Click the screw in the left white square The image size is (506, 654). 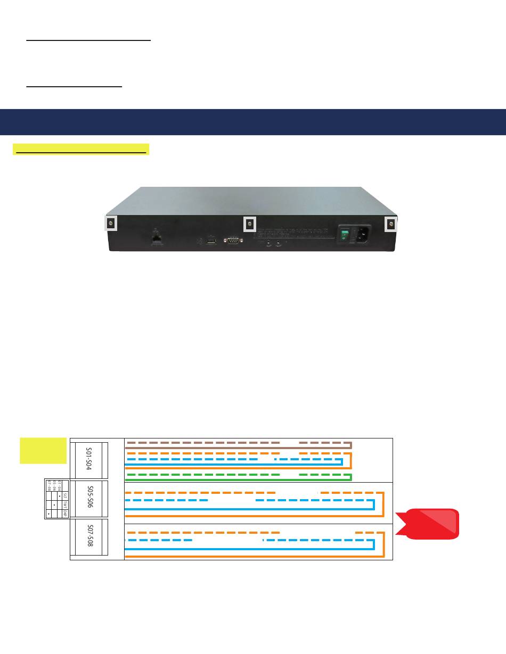tap(110, 224)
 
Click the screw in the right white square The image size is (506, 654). tap(391, 224)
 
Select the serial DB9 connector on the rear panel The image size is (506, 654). tap(233, 241)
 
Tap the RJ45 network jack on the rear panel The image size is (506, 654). tap(157, 239)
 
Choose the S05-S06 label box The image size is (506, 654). tap(89, 500)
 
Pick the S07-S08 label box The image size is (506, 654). tap(89, 539)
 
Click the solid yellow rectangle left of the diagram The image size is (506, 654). tap(43, 450)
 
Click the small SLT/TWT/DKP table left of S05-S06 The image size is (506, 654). tap(54, 499)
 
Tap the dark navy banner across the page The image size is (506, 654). tap(253, 122)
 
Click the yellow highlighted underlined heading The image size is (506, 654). tap(81, 148)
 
